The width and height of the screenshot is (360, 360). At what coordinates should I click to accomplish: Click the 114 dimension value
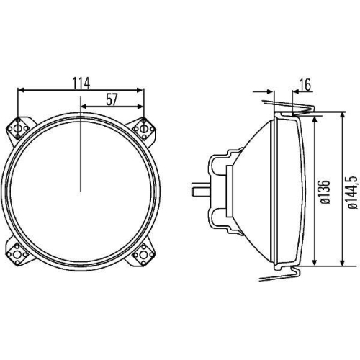[x=80, y=82]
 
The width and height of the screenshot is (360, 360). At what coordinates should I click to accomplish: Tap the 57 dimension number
[x=112, y=100]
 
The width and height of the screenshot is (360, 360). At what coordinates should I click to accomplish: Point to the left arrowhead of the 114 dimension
[x=19, y=91]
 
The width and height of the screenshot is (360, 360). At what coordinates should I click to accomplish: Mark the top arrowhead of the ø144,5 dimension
[x=341, y=114]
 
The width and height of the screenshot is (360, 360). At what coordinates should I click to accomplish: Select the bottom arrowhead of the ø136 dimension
[x=315, y=261]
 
